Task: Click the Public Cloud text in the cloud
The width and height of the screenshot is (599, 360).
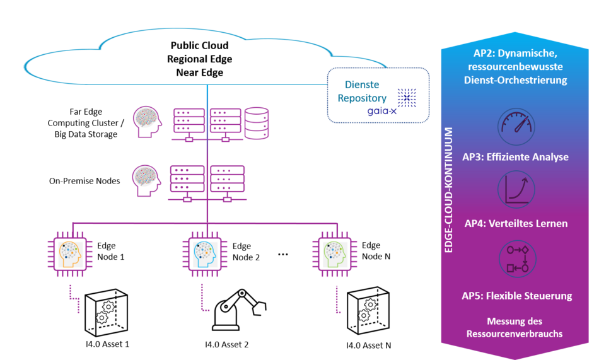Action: (199, 45)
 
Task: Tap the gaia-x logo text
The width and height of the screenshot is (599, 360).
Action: (381, 111)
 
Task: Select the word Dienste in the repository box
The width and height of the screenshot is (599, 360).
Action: (362, 84)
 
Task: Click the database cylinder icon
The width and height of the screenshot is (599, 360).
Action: (257, 123)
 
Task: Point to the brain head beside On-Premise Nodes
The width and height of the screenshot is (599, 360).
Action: (147, 181)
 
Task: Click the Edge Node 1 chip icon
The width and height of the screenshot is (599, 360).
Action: (70, 254)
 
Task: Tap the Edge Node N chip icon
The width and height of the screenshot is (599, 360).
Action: (335, 254)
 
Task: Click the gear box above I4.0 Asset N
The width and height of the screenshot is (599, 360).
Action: (368, 311)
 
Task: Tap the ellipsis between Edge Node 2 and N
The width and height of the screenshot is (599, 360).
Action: (282, 255)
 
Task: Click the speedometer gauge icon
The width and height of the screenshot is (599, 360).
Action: (516, 127)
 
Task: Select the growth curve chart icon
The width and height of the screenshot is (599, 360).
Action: (516, 190)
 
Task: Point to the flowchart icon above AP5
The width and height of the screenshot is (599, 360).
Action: (518, 259)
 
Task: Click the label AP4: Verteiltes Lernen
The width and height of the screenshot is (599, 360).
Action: (516, 224)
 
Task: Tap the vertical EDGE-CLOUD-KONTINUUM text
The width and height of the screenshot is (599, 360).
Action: (448, 190)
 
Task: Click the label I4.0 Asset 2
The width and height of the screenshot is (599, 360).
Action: (226, 345)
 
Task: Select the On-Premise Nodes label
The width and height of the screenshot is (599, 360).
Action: (84, 181)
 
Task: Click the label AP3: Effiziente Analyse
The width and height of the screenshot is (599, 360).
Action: (515, 157)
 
